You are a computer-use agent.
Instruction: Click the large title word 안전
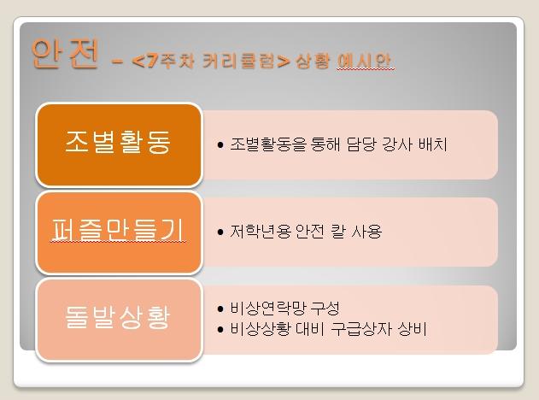click(x=65, y=53)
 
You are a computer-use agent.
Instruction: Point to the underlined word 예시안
click(x=365, y=62)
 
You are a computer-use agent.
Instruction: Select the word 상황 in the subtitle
click(x=313, y=62)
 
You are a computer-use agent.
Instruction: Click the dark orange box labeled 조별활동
click(x=119, y=144)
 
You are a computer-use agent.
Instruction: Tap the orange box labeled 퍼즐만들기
click(x=119, y=232)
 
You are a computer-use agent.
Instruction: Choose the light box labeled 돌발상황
click(x=119, y=320)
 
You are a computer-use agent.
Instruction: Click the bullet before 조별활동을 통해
click(x=220, y=144)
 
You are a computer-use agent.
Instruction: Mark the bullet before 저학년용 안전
click(x=220, y=232)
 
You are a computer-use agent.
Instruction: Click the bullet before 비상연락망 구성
click(x=220, y=309)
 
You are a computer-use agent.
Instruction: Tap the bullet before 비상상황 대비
click(x=220, y=329)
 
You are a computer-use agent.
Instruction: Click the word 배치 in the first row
click(x=433, y=144)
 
